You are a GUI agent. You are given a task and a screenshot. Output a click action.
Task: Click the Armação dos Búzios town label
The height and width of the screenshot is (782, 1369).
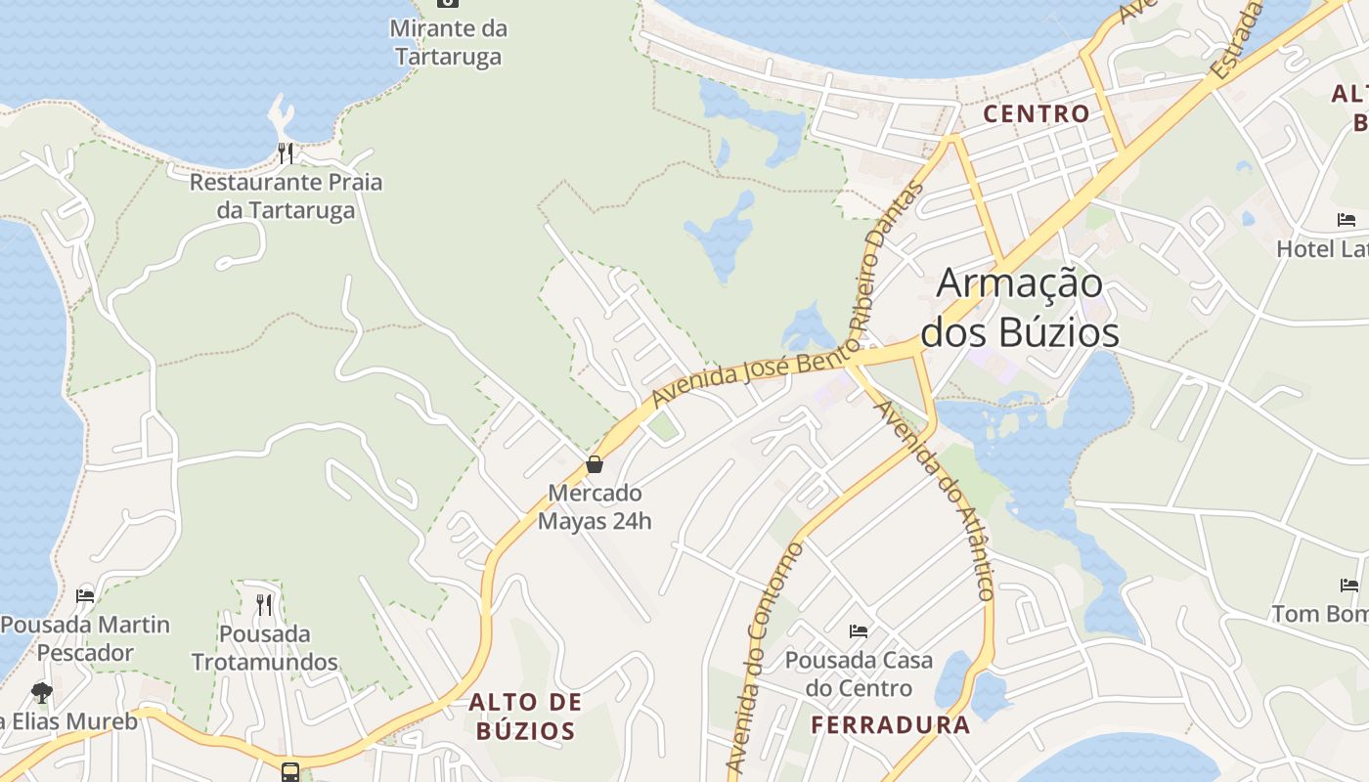pos(1020,308)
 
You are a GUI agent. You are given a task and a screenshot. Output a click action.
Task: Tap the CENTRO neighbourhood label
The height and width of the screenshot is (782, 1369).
pos(1036,113)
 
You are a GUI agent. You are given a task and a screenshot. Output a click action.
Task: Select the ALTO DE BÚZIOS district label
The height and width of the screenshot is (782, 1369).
pos(525,716)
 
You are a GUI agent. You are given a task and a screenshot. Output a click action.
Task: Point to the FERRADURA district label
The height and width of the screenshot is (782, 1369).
pos(891,724)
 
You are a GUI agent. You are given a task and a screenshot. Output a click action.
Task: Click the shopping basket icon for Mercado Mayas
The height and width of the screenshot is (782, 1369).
pos(594,464)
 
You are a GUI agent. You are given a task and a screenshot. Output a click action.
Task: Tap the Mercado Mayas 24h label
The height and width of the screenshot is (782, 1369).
pos(595,506)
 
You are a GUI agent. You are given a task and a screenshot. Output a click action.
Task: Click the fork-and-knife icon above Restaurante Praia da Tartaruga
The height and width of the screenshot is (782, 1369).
pos(285,152)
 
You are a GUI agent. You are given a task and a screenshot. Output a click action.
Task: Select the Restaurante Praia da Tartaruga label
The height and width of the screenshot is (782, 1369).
pos(286,195)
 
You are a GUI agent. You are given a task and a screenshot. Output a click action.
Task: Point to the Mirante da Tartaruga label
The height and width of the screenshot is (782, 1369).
pos(449,42)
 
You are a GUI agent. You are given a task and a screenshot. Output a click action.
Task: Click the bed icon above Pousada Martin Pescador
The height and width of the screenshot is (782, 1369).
pos(85,595)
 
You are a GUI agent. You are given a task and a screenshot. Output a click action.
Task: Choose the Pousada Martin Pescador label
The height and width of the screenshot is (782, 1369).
pos(85,638)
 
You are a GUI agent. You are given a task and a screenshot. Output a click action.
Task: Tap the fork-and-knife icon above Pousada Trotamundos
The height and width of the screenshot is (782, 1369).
pos(264,604)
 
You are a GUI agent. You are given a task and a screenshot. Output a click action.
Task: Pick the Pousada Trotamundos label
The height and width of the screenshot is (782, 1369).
pos(264,647)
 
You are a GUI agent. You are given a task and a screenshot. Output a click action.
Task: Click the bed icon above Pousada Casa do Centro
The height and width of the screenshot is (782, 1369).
pos(859,631)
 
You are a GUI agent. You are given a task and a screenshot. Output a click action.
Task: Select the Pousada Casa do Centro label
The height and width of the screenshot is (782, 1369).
pos(859,674)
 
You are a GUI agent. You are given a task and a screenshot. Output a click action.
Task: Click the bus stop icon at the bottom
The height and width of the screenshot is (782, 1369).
pos(290,771)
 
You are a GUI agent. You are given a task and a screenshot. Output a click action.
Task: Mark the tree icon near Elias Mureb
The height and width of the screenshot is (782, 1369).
pos(41,693)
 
